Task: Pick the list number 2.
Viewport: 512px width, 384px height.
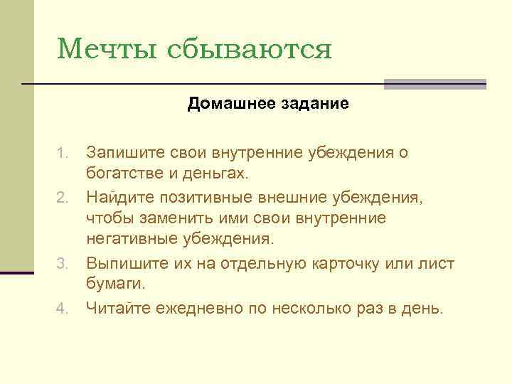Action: click(63, 196)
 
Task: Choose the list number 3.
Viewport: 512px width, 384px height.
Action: click(63, 265)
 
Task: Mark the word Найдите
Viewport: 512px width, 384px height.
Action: click(118, 196)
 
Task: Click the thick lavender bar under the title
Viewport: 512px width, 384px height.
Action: click(434, 84)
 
